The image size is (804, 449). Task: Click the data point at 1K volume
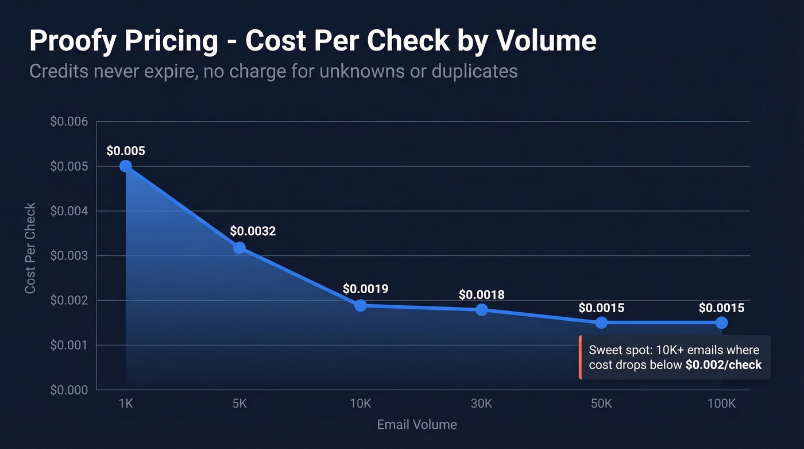(x=126, y=166)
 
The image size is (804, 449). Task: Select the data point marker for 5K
(x=239, y=248)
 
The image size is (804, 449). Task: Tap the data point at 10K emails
(x=361, y=305)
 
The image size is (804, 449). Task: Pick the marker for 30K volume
(x=481, y=310)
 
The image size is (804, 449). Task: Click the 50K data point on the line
(x=601, y=323)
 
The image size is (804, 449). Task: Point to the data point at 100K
(x=721, y=323)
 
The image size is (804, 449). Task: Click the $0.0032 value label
(x=253, y=231)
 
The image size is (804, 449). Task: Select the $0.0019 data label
(x=365, y=289)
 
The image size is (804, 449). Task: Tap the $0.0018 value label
(x=481, y=295)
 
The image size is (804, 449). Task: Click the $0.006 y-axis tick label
(x=69, y=122)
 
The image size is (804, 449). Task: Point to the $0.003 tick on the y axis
(x=69, y=256)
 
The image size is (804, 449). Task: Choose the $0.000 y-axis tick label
(x=69, y=390)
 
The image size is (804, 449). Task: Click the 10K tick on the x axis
(x=361, y=404)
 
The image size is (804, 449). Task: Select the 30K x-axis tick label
(x=481, y=404)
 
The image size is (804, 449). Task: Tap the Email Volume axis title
(x=417, y=425)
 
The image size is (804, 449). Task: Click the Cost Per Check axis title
(x=30, y=248)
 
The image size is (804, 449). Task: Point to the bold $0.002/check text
(x=724, y=365)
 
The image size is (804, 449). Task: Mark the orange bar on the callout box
(x=581, y=358)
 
